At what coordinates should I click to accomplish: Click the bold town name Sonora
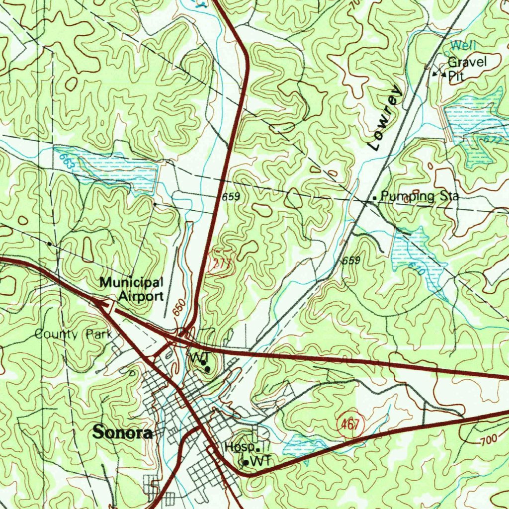coord(122,432)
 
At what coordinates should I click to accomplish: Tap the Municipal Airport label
coord(131,289)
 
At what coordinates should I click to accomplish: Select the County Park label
coord(73,334)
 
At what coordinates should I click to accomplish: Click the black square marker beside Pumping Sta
coord(374,198)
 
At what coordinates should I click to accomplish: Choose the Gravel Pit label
coord(466,69)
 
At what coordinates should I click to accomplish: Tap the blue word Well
coord(463,46)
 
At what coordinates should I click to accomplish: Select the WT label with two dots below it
coord(199,358)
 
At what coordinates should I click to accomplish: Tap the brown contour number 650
coord(179,308)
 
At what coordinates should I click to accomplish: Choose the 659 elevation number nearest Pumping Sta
coord(351,261)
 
